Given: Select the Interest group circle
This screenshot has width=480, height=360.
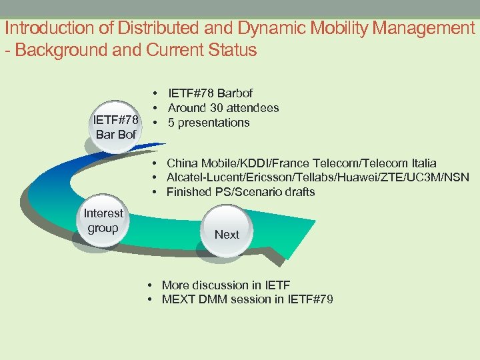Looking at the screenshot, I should tap(103, 221).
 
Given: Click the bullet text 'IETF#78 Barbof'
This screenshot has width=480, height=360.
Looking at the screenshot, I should tap(210, 93).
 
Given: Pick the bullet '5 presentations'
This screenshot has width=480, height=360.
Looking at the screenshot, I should tap(209, 123).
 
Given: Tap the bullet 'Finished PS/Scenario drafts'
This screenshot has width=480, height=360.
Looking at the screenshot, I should tap(241, 192).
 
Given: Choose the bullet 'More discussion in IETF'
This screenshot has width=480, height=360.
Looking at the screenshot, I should tap(226, 285).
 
